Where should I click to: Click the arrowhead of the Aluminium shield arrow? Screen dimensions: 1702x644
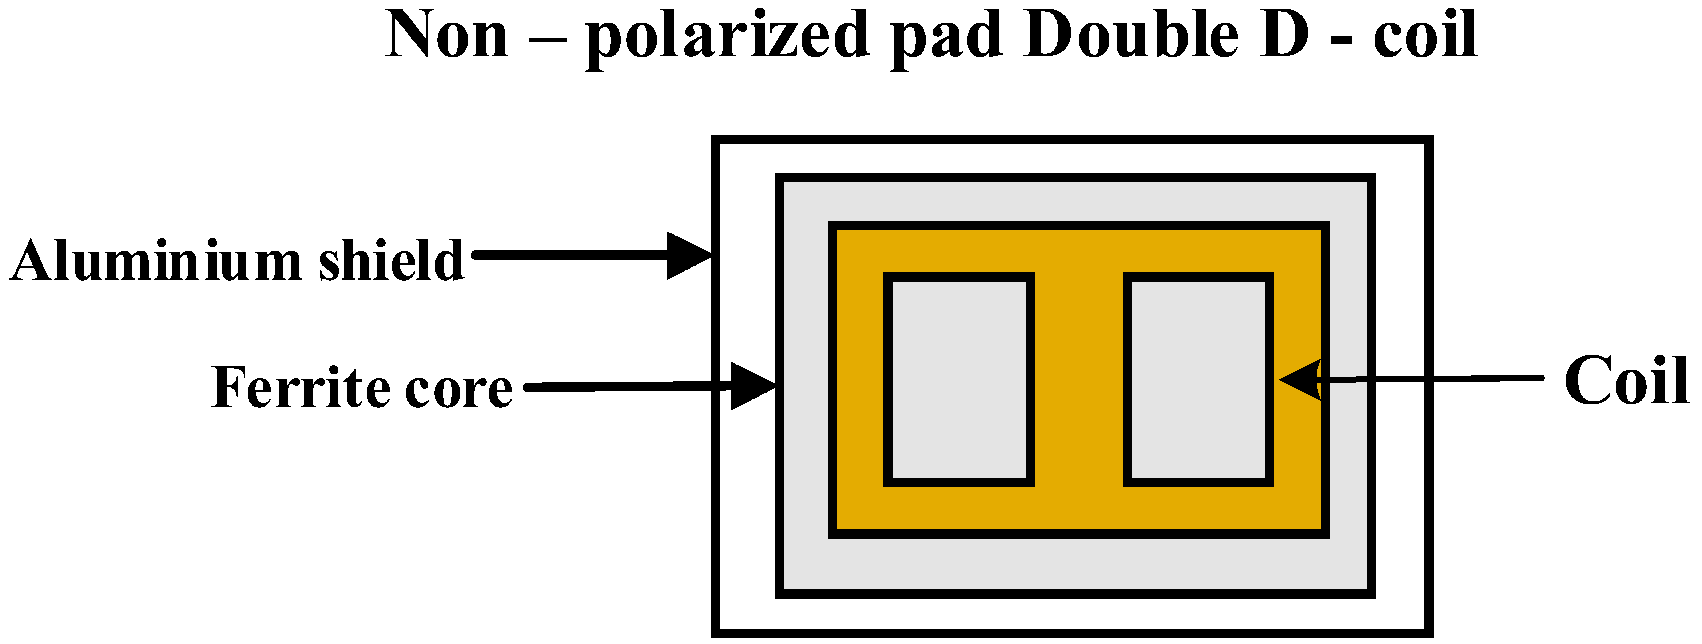point(688,256)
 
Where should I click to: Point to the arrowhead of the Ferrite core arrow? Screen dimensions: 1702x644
point(753,386)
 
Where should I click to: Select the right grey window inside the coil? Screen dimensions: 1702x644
point(1198,380)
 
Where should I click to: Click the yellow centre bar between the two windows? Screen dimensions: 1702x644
point(1078,380)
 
